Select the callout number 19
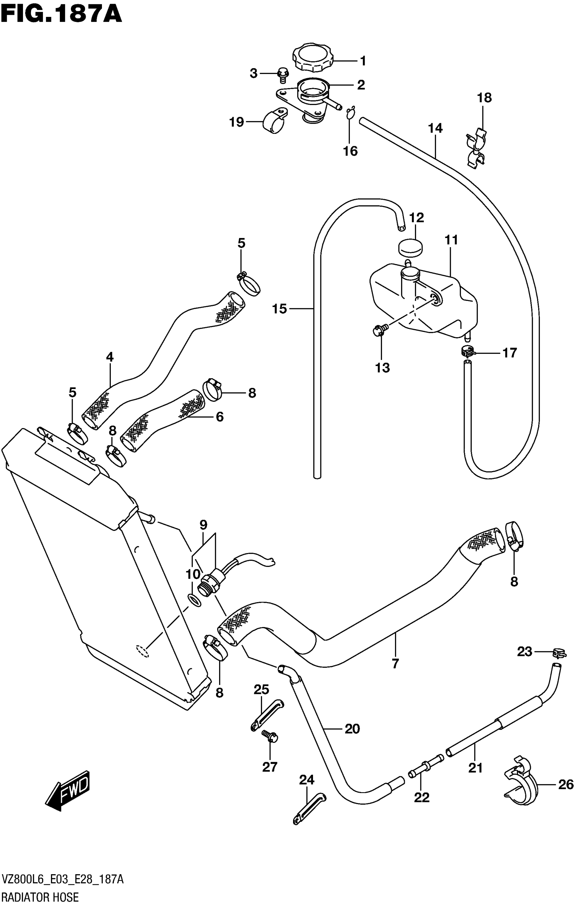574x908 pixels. [237, 122]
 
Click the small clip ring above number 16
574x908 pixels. [350, 113]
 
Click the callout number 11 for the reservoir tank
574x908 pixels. [451, 240]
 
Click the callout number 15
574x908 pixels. [280, 309]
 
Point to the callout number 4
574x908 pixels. [110, 356]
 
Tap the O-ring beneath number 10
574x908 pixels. [194, 600]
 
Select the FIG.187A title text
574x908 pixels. [61, 15]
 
